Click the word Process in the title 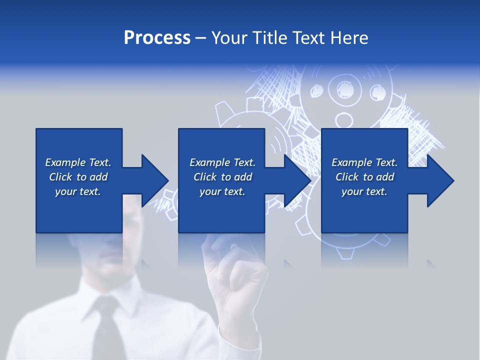coord(157,38)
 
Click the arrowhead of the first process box coord(154,180)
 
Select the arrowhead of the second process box coord(297,180)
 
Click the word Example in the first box coord(65,162)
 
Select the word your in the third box coord(352,191)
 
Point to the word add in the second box coord(243,177)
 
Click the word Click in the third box coord(347,177)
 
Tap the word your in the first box coord(65,191)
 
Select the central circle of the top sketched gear coord(344,90)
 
